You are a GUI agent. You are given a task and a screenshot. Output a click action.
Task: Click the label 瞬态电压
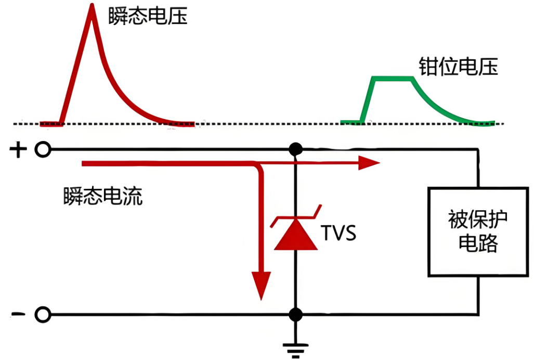148,17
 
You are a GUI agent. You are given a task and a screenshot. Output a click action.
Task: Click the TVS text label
338,233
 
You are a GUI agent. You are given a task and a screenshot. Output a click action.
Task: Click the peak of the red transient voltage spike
92,7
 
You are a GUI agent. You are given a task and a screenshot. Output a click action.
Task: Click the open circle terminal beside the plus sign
43,150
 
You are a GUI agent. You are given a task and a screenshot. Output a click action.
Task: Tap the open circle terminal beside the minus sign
43,315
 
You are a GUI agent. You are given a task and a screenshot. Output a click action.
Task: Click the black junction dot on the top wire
296,150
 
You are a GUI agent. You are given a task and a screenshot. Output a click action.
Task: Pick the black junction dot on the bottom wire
296,315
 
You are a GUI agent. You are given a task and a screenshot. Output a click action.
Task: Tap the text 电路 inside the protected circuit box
478,243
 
